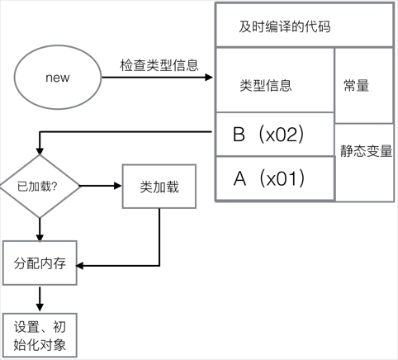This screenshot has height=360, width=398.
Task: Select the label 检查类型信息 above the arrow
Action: pos(159,65)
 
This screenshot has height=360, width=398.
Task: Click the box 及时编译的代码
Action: pos(285,26)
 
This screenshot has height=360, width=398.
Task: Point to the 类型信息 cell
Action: pos(265,85)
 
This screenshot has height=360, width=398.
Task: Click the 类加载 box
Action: pos(159,187)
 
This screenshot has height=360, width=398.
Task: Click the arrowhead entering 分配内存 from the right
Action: pos(83,265)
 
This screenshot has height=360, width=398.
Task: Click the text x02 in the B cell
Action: pos(282,135)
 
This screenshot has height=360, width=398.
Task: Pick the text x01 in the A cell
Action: pos(282,178)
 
